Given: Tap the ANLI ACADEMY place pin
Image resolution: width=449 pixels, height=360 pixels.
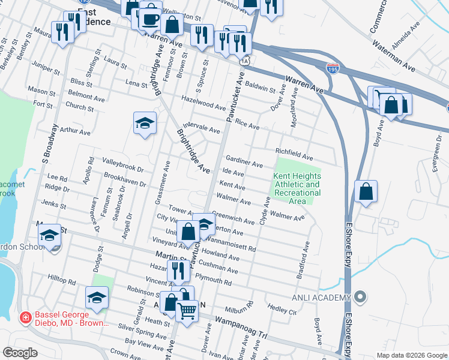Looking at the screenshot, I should (x=360, y=297).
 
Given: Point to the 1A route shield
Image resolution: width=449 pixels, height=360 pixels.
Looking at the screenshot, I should (x=244, y=61).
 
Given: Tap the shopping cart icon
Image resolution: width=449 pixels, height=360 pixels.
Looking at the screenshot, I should (x=187, y=311).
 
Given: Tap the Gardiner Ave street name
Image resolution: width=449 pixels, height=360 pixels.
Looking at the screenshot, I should (x=244, y=161).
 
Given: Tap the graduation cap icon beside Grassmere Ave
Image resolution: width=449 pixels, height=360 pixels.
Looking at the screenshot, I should (x=145, y=123).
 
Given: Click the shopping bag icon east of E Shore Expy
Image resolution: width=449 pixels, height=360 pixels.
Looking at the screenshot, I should (x=366, y=192).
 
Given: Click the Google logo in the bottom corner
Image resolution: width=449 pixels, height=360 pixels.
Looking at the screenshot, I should (x=20, y=352).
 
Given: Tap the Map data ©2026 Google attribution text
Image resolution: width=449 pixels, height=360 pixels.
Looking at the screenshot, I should (x=412, y=355).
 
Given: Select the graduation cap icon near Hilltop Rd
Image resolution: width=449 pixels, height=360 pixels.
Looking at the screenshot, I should (x=97, y=297).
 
